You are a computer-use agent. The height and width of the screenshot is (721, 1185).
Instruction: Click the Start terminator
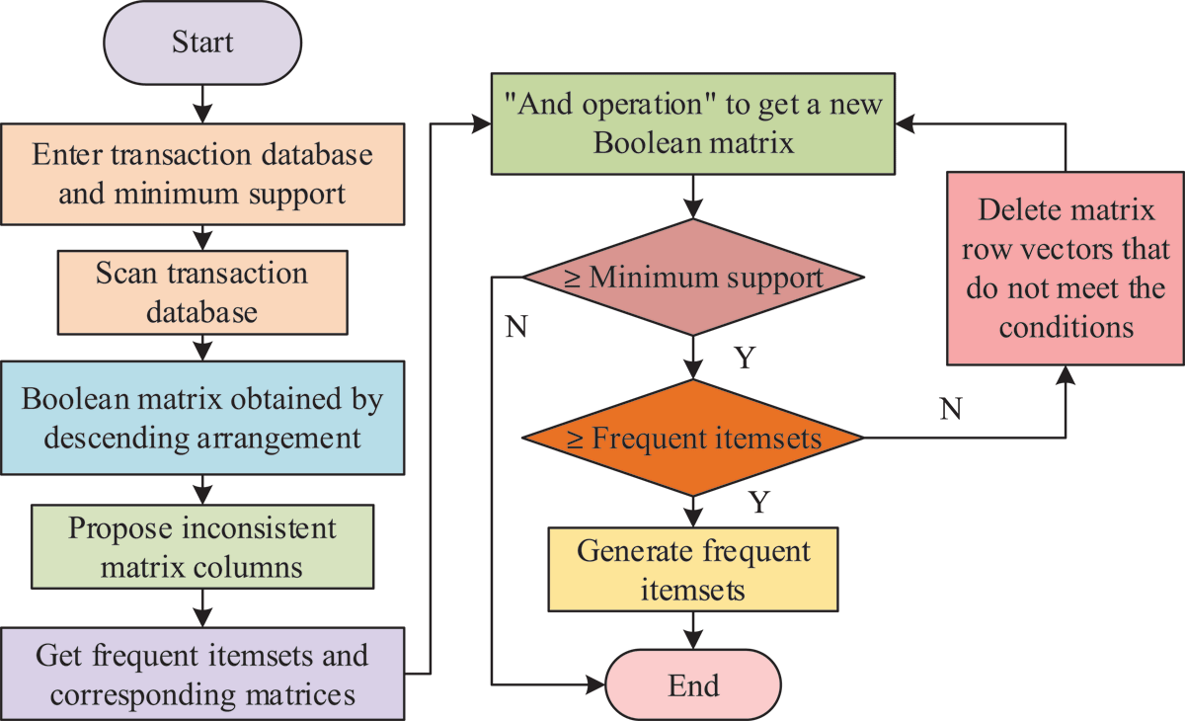(x=202, y=42)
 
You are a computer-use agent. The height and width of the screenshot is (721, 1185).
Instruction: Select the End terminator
(x=693, y=685)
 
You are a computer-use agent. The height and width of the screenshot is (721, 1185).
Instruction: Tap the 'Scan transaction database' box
(x=202, y=292)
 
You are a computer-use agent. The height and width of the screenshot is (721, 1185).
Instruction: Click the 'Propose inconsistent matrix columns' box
(x=202, y=547)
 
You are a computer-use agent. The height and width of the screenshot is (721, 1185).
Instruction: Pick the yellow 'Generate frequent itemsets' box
(x=693, y=570)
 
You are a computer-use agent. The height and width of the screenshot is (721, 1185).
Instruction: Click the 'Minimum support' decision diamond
(x=693, y=278)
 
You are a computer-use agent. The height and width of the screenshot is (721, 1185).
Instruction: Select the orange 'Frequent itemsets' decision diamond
(x=693, y=438)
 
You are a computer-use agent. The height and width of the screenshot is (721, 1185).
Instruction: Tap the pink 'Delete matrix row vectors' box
(x=1066, y=269)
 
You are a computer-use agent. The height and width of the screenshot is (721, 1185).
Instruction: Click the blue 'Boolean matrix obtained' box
(x=202, y=418)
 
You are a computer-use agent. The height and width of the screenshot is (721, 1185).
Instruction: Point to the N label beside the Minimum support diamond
(x=516, y=326)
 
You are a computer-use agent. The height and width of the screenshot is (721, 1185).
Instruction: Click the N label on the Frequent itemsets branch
(x=951, y=408)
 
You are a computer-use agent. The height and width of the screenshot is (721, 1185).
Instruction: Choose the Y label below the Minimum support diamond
(x=745, y=359)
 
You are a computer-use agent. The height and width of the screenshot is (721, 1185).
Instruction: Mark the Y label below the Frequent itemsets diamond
(x=759, y=502)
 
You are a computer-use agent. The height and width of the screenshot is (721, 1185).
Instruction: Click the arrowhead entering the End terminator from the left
(x=595, y=685)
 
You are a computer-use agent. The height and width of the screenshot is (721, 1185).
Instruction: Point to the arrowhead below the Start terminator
(x=202, y=114)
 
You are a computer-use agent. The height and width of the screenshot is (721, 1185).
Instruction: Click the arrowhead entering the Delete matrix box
(x=1066, y=375)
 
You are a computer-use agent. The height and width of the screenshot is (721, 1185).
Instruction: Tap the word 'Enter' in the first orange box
(x=67, y=154)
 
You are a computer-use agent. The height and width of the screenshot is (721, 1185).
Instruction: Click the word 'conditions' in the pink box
(x=1066, y=328)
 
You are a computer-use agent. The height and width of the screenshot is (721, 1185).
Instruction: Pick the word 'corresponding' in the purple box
(x=144, y=695)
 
